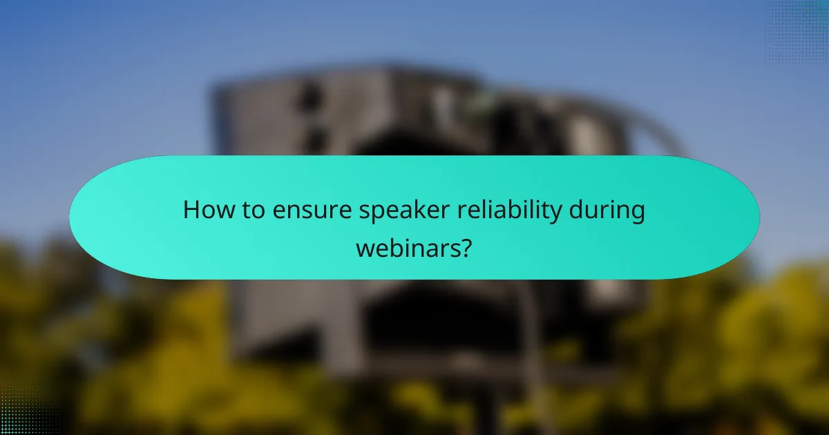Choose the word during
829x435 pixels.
(607, 211)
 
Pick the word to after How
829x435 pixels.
(247, 211)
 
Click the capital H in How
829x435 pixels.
(191, 211)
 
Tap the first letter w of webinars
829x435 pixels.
(364, 247)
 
